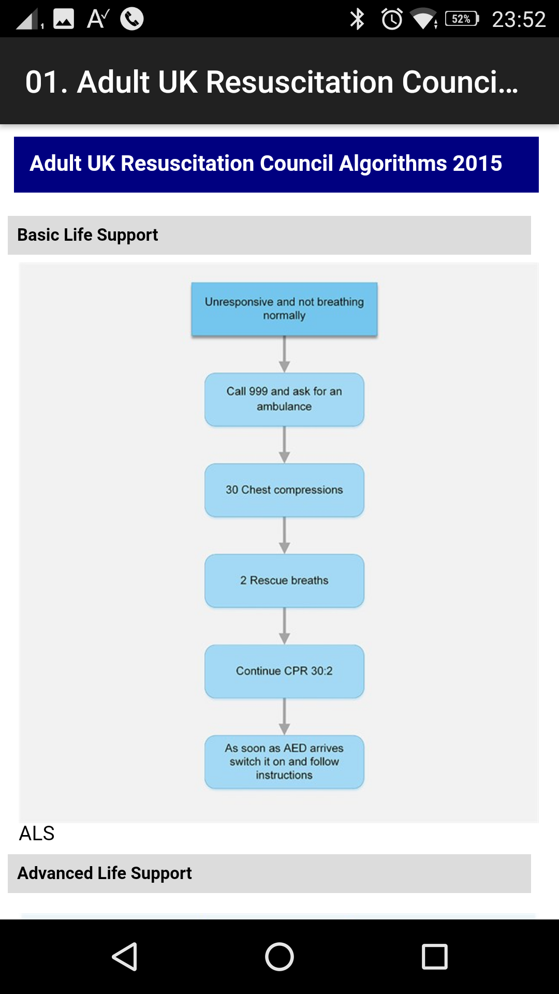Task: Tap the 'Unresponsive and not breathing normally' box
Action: [x=284, y=309]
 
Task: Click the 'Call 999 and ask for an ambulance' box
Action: [x=284, y=399]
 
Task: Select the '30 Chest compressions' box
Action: [x=284, y=490]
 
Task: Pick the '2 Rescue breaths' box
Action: [x=284, y=580]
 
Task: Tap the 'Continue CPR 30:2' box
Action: [x=284, y=671]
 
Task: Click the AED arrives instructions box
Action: [x=284, y=762]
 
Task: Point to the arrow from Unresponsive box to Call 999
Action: [x=284, y=354]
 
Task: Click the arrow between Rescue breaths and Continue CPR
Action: [x=284, y=626]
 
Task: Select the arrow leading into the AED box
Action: [x=284, y=717]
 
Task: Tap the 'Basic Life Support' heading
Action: [x=87, y=235]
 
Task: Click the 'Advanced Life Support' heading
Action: [x=105, y=873]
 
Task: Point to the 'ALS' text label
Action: [x=37, y=834]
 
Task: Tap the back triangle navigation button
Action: [x=125, y=956]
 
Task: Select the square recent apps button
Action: [x=435, y=956]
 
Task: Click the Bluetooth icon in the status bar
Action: [x=357, y=19]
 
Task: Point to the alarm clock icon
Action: [x=392, y=19]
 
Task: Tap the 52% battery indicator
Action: [x=462, y=19]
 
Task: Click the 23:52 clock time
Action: [x=519, y=20]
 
